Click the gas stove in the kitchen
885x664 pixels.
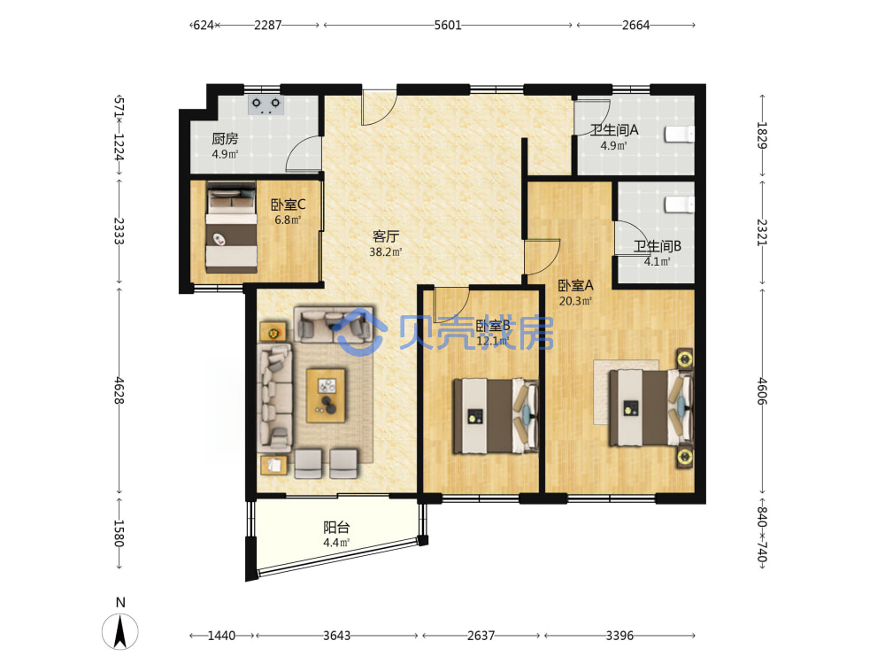[265, 105]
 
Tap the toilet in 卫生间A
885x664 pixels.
[679, 135]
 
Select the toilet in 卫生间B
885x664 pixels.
[679, 205]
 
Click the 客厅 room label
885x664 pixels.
[386, 236]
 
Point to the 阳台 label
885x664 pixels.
[336, 528]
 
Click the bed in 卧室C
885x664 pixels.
[231, 227]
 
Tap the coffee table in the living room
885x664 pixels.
[326, 395]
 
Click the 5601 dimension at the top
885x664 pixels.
[448, 25]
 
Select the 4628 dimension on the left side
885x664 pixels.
[119, 390]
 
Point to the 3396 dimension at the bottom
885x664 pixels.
[619, 636]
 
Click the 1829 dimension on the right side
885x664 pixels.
[762, 135]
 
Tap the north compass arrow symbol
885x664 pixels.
[119, 630]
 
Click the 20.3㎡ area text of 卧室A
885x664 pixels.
[575, 301]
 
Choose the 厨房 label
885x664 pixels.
[225, 138]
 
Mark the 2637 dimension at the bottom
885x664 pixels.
[481, 636]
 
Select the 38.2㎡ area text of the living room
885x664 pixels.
[386, 251]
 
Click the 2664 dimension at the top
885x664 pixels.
[636, 25]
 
